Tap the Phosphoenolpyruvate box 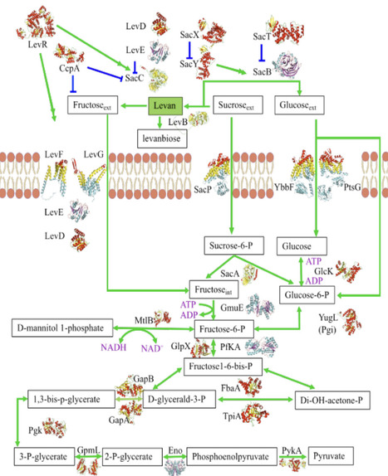(238, 456)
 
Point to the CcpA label (68, 48)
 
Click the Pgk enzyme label (35, 431)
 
